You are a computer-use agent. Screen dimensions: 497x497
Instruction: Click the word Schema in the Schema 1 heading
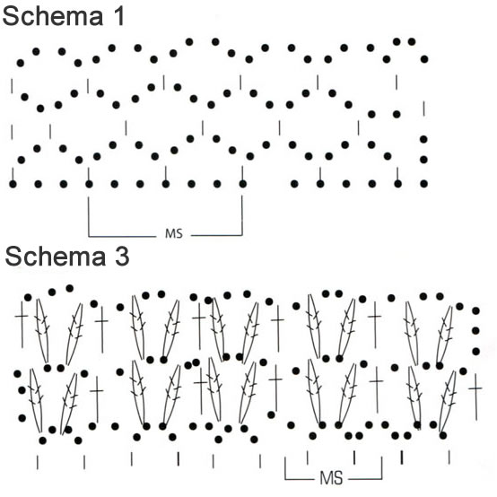coord(53,16)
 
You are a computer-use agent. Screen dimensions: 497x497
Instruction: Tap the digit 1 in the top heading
coord(118,16)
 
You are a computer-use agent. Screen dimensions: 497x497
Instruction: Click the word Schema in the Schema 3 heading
coord(56,256)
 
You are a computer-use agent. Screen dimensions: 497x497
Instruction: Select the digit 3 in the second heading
coord(122,256)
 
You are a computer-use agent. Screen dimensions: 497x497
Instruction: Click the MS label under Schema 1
coord(174,233)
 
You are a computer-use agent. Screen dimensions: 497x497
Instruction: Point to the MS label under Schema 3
coord(331,477)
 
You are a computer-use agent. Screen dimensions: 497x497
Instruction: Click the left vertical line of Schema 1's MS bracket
coord(89,216)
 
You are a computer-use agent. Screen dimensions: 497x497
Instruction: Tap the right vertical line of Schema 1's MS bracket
coord(242,215)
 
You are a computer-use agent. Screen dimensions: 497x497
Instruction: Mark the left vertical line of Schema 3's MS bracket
coord(285,468)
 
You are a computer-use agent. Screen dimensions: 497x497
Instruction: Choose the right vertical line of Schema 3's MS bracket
coord(381,467)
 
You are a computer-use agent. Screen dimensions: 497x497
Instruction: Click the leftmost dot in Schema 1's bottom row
coord(13,184)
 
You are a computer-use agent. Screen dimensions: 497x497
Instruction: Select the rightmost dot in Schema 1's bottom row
coord(423,184)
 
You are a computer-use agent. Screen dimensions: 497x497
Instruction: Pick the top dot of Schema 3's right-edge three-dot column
coord(475,311)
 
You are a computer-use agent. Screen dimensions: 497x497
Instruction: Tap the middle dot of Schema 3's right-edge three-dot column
coord(475,331)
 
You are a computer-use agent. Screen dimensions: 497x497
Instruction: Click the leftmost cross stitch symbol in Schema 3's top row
coord(22,324)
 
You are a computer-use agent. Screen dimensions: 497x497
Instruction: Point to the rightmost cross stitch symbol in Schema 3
coord(475,397)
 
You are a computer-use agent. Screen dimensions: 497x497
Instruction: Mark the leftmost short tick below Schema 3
coord(38,462)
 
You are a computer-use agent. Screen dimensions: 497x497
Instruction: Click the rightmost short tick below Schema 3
coord(449,458)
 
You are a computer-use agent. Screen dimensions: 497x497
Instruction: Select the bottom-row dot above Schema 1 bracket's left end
coord(89,184)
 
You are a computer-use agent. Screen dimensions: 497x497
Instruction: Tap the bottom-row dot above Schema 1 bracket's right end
coord(243,184)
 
